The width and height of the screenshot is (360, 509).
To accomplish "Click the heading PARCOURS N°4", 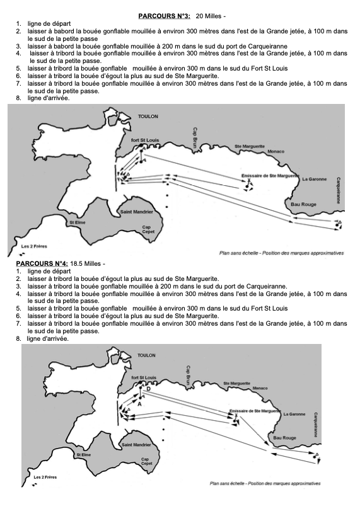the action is pyautogui.click(x=42, y=263).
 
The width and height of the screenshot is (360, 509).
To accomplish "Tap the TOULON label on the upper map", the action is pyautogui.click(x=148, y=116).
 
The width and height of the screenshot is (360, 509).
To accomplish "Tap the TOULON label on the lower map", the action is pyautogui.click(x=146, y=355).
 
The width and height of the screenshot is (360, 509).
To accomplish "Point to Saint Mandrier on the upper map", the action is pyautogui.click(x=137, y=212).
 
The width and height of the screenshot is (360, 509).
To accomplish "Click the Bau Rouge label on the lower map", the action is pyautogui.click(x=284, y=438).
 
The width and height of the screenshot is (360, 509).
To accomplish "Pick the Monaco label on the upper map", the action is pyautogui.click(x=276, y=151).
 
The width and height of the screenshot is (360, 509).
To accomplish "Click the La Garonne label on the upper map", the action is pyautogui.click(x=315, y=179).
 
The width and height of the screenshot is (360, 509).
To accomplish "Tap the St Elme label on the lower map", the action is pyautogui.click(x=83, y=455).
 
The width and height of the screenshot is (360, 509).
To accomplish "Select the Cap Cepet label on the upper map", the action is pyautogui.click(x=148, y=229).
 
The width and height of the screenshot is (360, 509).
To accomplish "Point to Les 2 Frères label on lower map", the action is pyautogui.click(x=45, y=478).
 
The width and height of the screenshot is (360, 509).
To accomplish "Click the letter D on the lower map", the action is pyautogui.click(x=149, y=389).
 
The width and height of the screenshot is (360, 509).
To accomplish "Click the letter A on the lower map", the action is pyautogui.click(x=139, y=404).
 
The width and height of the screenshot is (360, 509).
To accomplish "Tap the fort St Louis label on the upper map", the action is pyautogui.click(x=145, y=140).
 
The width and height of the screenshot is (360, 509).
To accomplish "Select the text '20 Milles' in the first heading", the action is pyautogui.click(x=209, y=16).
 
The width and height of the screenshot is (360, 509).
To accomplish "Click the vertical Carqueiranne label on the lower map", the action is pyautogui.click(x=315, y=425).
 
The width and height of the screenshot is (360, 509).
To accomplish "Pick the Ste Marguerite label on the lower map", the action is pyautogui.click(x=237, y=384).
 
